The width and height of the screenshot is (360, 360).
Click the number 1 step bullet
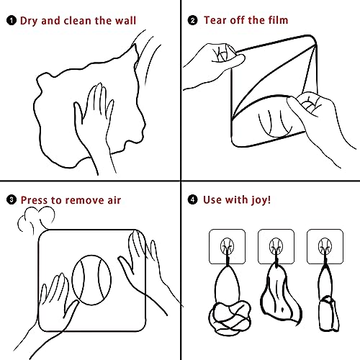coord(12,21)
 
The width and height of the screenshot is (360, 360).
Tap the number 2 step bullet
coord(192,20)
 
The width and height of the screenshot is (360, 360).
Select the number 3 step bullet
coord(12,199)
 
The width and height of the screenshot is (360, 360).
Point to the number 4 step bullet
coord(192,199)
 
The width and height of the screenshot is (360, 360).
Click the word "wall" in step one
coord(125,20)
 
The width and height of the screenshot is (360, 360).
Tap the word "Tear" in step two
coord(215,20)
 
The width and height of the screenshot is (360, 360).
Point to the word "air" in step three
coord(114,200)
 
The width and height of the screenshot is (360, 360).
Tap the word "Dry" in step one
coord(29,21)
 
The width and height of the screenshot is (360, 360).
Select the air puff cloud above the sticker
coord(36,220)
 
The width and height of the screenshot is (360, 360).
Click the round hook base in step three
coord(91,280)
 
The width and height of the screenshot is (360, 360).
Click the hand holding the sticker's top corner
coord(214,63)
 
